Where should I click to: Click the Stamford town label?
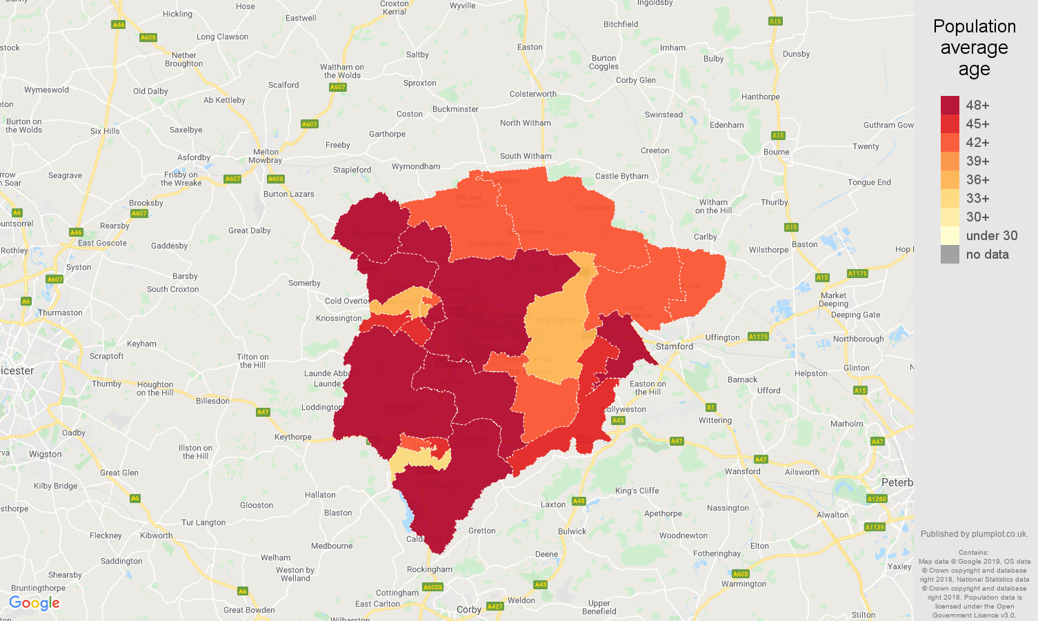pyautogui.click(x=674, y=346)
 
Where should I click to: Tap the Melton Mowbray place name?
pyautogui.click(x=266, y=156)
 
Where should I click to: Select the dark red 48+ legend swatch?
pyautogui.click(x=950, y=105)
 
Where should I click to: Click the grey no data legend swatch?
pyautogui.click(x=950, y=254)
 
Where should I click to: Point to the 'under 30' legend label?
pyautogui.click(x=991, y=235)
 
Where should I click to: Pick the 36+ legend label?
pyautogui.click(x=977, y=179)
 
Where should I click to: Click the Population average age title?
pyautogui.click(x=974, y=48)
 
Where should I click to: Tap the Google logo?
pyautogui.click(x=34, y=603)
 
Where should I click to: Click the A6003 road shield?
pyautogui.click(x=432, y=587)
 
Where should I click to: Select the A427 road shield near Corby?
pyautogui.click(x=495, y=607)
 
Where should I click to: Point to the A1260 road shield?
pyautogui.click(x=877, y=499)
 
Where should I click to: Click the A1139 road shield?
pyautogui.click(x=875, y=527)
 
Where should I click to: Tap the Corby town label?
pyautogui.click(x=469, y=609)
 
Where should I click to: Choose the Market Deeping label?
pyautogui.click(x=833, y=299)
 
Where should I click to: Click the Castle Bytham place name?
pyautogui.click(x=621, y=176)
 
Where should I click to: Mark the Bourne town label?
pyautogui.click(x=776, y=152)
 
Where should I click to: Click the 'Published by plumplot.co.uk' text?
pyautogui.click(x=974, y=533)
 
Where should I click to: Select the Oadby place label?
pyautogui.click(x=74, y=433)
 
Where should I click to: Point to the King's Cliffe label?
pyautogui.click(x=637, y=491)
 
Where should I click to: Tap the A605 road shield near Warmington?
pyautogui.click(x=740, y=574)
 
